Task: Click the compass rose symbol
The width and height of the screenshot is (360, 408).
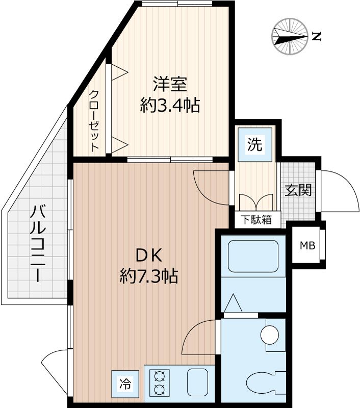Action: [x=290, y=36]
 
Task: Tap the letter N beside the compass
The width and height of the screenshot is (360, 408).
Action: [x=316, y=36]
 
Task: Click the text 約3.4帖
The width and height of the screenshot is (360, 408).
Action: [x=169, y=106]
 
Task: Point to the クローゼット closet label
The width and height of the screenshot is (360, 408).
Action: [x=94, y=120]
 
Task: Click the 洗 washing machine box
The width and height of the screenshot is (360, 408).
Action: [x=255, y=145]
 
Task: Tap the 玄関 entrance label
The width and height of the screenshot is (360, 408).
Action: [x=298, y=190]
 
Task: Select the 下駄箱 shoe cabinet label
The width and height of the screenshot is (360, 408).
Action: [x=256, y=220]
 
